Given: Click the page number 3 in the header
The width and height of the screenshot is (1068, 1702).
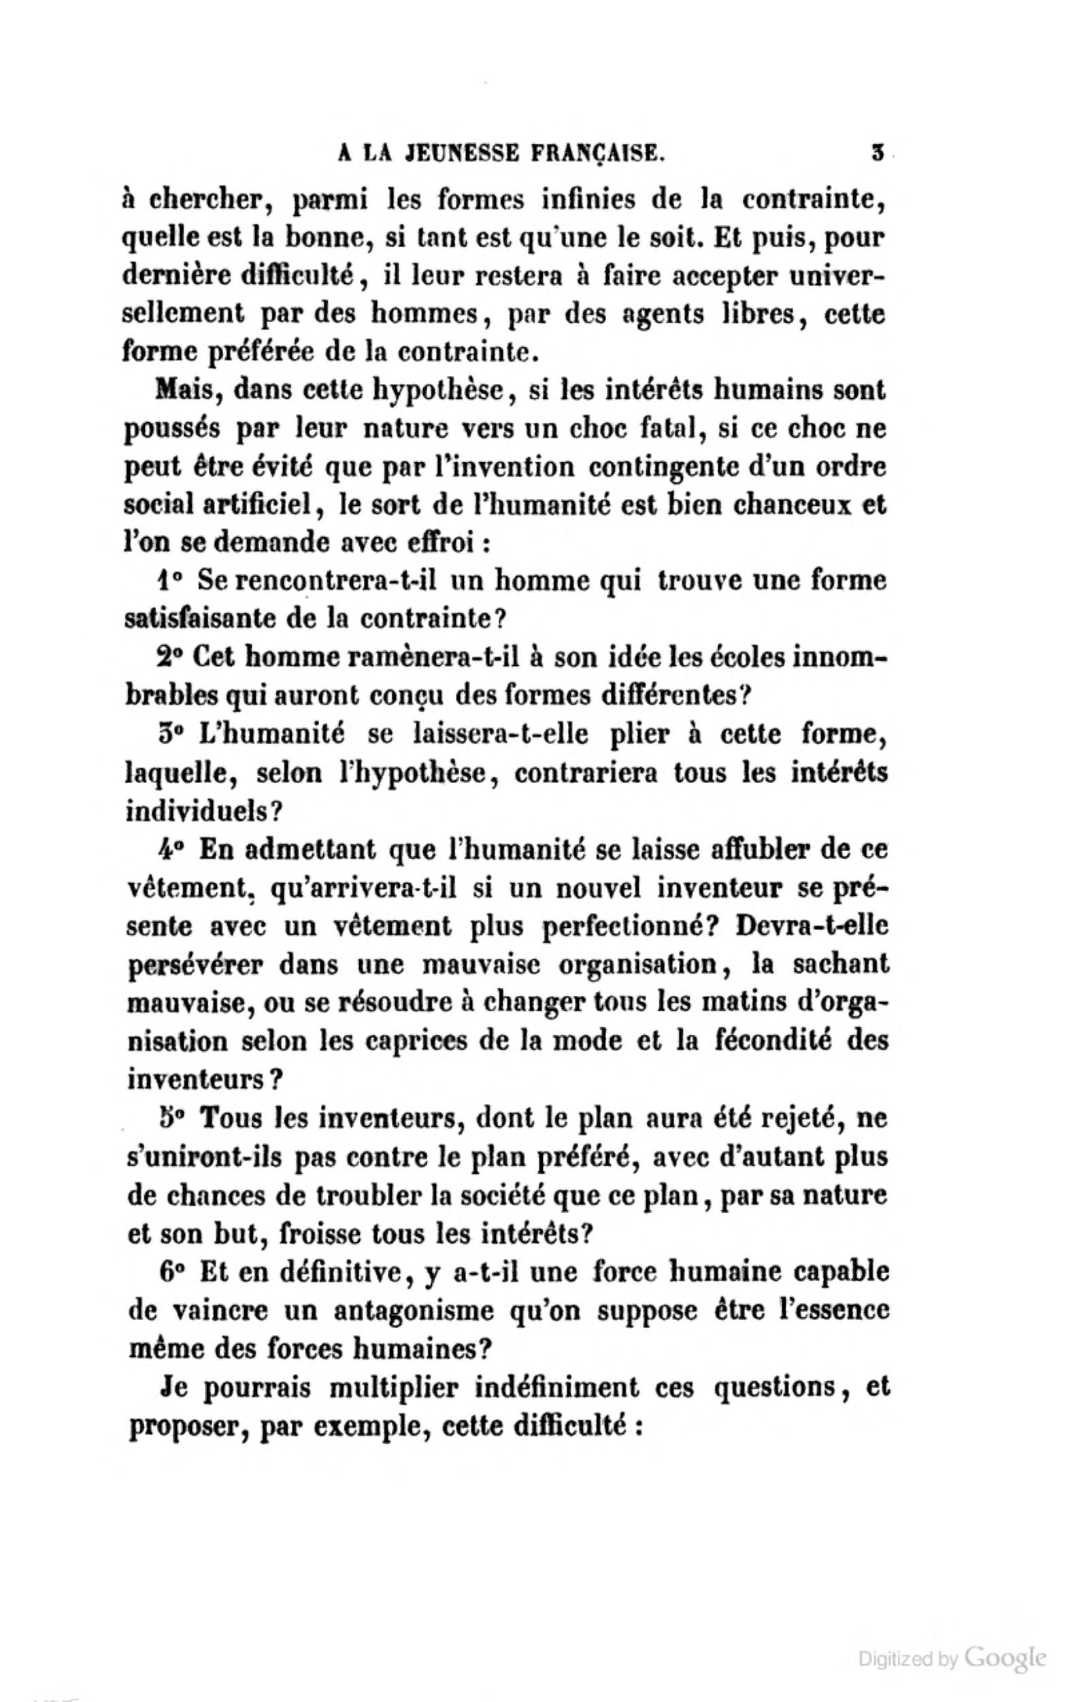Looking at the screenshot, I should click(878, 152).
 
